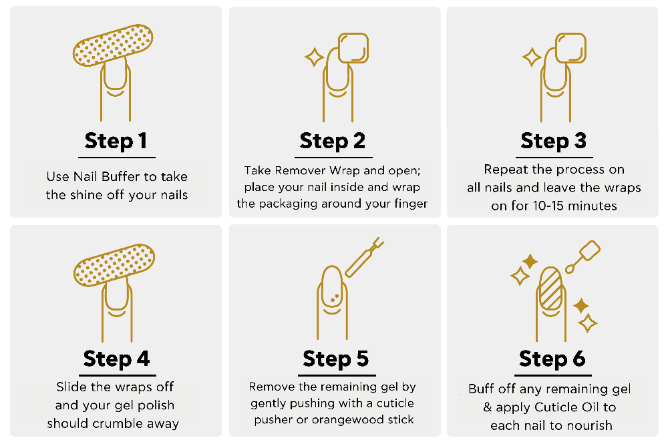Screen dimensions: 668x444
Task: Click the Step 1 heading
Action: click(116, 142)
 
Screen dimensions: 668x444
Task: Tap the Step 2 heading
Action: click(332, 142)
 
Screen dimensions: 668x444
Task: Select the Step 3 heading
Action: click(553, 142)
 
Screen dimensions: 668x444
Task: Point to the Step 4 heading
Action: click(116, 359)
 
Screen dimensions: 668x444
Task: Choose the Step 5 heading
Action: click(336, 359)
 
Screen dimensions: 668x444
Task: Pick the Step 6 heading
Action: click(552, 359)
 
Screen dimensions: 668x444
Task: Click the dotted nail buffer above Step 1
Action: click(113, 45)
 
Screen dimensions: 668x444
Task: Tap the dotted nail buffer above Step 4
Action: click(114, 265)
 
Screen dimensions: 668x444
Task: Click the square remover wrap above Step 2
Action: click(353, 48)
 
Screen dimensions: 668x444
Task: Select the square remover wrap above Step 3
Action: click(571, 48)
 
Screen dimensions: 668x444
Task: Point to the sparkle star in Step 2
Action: click(315, 57)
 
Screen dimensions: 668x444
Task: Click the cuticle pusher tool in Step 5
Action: click(364, 258)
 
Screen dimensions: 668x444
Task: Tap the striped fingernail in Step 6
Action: click(551, 288)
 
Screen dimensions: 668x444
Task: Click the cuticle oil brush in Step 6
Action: click(582, 256)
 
